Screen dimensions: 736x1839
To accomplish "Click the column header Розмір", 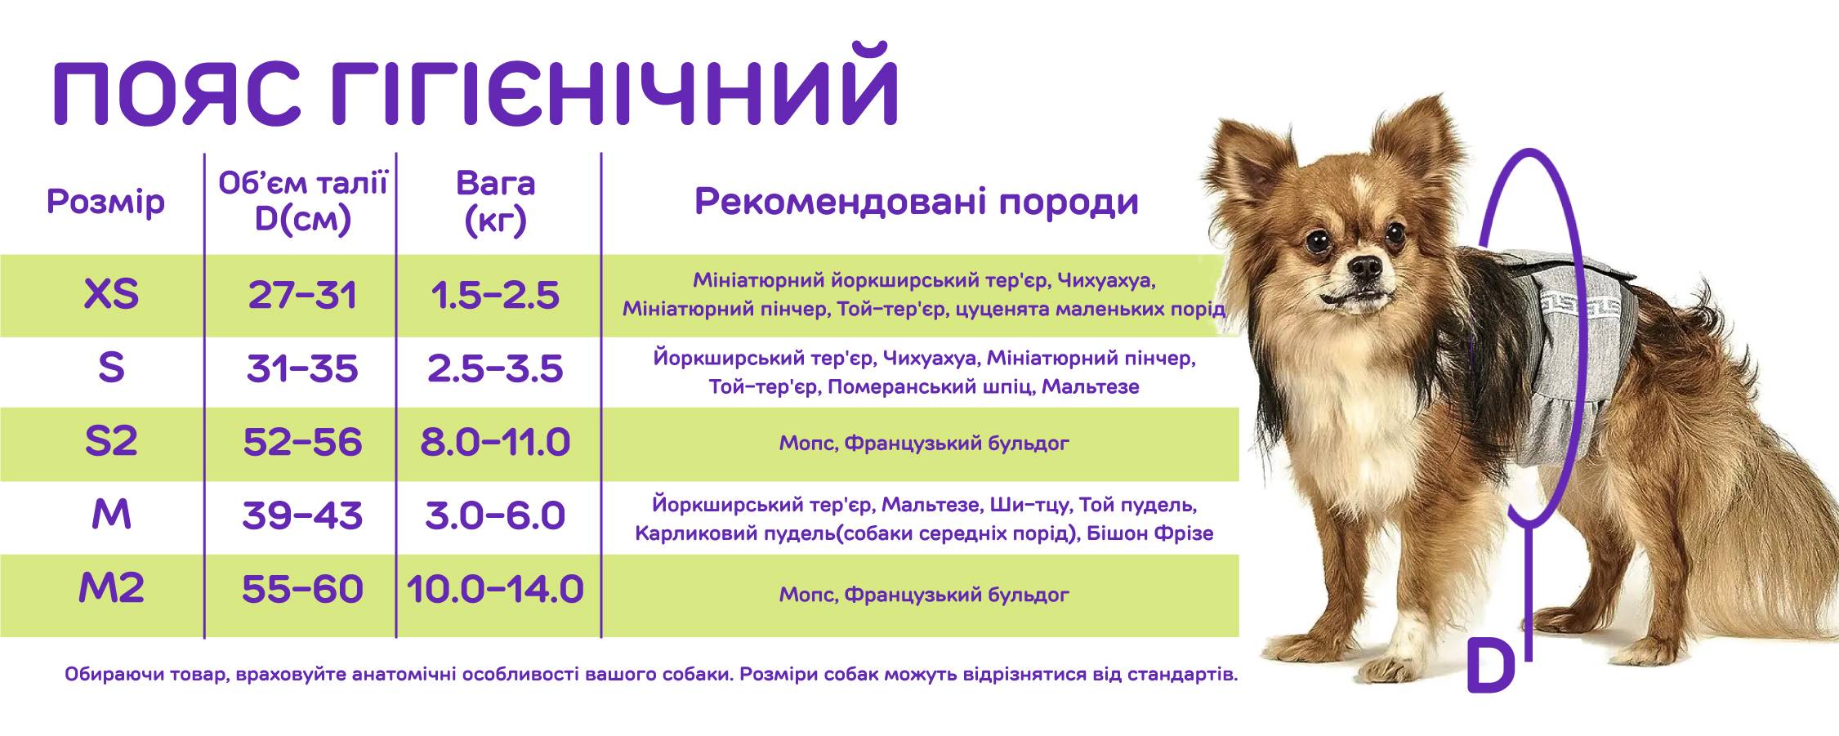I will (x=105, y=201).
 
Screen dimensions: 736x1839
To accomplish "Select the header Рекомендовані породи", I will (x=916, y=201).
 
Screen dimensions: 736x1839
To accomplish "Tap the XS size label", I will (x=111, y=294).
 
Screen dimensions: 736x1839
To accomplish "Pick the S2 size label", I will (x=111, y=442).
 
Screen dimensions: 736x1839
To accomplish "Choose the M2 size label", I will (x=111, y=588).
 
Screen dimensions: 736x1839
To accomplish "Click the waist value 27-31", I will (x=302, y=295).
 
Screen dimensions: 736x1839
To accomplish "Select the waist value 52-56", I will (x=302, y=442).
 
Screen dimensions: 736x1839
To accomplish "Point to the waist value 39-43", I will (x=302, y=515).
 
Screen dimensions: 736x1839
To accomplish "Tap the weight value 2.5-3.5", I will (x=495, y=368).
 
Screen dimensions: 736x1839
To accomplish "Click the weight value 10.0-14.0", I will (x=495, y=589).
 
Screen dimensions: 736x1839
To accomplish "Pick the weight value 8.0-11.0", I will (x=495, y=442).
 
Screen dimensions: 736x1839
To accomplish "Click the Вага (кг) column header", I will (x=495, y=202).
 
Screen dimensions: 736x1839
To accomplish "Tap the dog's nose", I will (x=1364, y=265).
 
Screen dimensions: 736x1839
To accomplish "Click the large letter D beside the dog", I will (x=1491, y=666).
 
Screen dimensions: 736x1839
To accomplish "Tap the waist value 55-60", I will (x=302, y=589).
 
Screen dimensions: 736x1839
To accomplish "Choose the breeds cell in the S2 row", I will (x=923, y=444).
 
